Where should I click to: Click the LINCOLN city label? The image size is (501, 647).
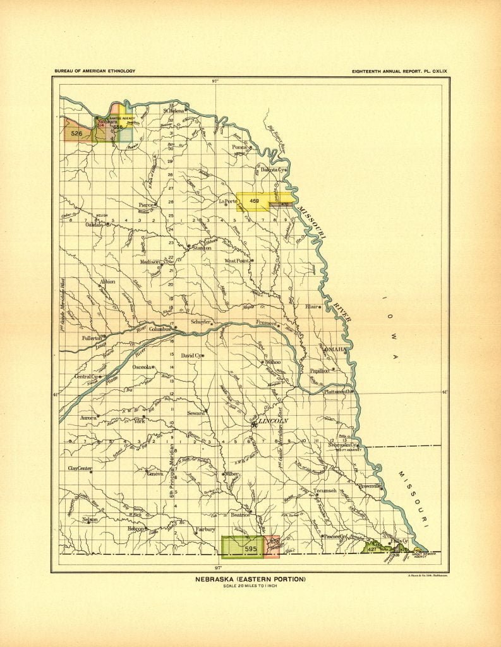point(273,420)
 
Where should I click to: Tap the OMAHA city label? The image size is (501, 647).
point(335,349)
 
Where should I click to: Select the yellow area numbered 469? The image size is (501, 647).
point(254,201)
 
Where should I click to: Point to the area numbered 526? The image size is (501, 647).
point(77,133)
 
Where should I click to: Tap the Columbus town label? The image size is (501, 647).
point(161,330)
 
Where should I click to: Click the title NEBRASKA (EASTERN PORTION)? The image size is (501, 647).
point(251,579)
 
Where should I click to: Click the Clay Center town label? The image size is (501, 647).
point(80,468)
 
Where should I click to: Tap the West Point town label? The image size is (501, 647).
point(238,260)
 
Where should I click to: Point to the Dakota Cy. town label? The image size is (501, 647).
point(273,169)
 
